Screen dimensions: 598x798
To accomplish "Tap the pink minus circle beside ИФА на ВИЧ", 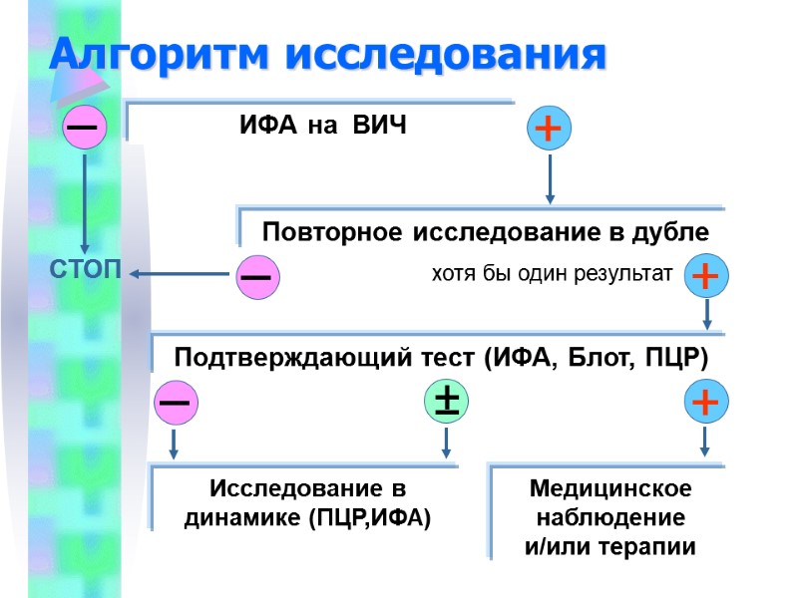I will click(84, 129).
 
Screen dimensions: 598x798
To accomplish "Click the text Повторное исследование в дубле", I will click(485, 232).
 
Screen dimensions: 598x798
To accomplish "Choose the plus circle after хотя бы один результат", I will click(705, 276).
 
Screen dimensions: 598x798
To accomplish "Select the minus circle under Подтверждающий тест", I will click(176, 402).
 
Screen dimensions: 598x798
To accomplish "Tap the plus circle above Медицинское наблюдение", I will click(705, 402).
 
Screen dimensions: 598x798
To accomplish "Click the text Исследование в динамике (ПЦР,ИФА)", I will click(308, 503).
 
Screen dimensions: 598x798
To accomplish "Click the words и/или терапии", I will click(610, 547).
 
